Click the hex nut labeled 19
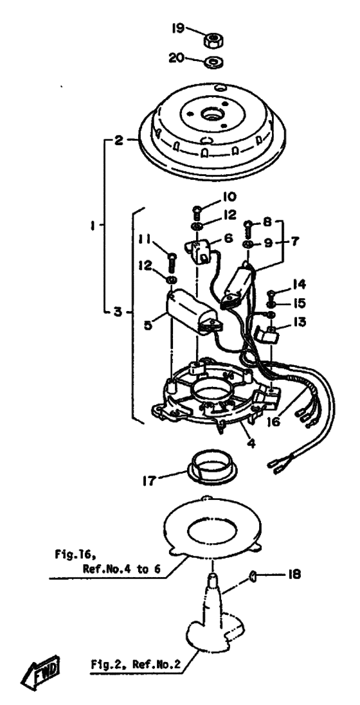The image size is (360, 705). (x=212, y=41)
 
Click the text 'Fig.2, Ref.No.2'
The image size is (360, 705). (x=136, y=664)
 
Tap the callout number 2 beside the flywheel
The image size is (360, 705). (x=118, y=140)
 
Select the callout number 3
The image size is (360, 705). (x=118, y=311)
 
